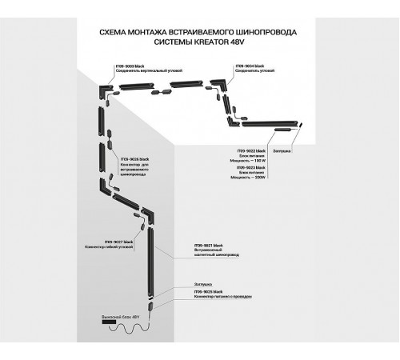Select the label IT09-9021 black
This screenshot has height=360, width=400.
pos(210,244)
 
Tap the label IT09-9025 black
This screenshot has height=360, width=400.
pos(210,292)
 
